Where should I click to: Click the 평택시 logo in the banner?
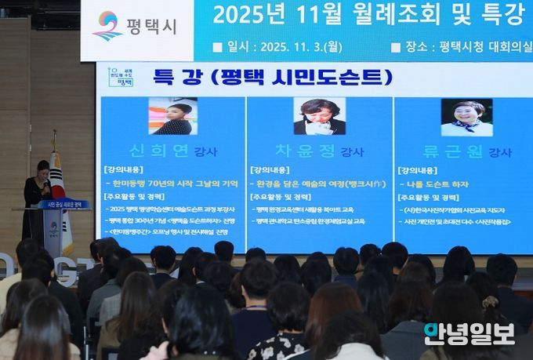click(x=135, y=26)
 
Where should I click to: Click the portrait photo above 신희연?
click(x=172, y=116)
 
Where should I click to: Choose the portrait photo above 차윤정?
click(x=319, y=116)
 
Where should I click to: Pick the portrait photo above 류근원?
click(x=466, y=117)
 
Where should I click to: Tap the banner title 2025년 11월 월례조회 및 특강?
click(x=368, y=14)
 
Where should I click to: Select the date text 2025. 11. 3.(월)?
click(x=296, y=47)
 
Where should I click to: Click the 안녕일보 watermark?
click(x=469, y=334)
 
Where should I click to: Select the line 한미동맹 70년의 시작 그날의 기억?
click(x=174, y=184)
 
